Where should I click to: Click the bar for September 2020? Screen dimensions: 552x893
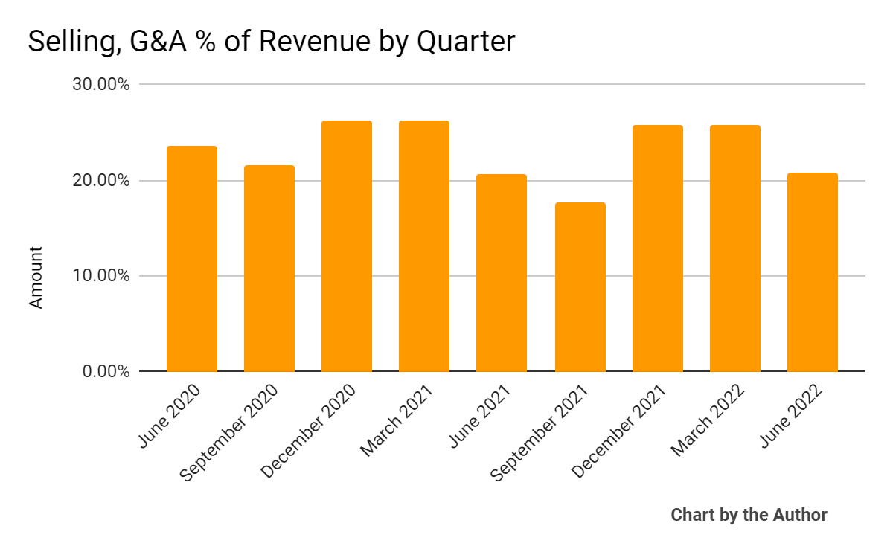click(269, 269)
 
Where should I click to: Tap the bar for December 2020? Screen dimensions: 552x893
click(347, 246)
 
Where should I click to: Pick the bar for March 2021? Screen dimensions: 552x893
click(424, 246)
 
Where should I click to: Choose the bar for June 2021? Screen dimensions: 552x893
click(502, 273)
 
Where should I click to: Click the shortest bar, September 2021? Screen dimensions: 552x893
click(580, 287)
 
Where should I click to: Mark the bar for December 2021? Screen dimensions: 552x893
click(658, 248)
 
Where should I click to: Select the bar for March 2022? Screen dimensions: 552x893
click(735, 248)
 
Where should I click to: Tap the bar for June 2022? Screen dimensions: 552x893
click(813, 272)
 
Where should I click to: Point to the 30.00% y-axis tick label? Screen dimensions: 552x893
click(101, 85)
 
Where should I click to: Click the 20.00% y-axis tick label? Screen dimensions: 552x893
click(101, 181)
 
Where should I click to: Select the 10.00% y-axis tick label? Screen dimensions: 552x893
click(101, 276)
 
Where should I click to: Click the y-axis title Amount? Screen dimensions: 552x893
click(36, 277)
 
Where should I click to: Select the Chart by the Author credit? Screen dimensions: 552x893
click(749, 515)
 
